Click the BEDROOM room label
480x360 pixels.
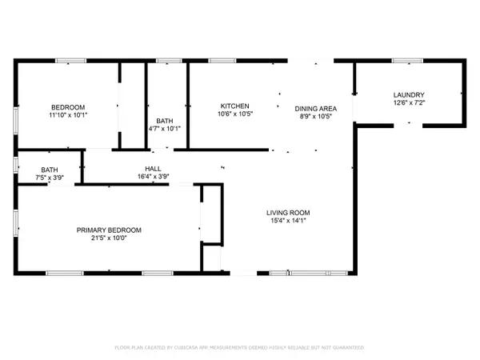68,107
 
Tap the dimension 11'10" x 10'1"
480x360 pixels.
68,115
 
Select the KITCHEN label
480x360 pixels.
235,106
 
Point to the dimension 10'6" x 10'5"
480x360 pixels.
235,114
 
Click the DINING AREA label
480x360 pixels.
315,108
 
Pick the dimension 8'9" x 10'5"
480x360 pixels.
315,116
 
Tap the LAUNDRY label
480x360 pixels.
408,94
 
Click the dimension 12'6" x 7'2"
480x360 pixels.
408,102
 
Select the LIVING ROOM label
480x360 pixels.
288,212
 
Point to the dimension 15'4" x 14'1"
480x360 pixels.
288,221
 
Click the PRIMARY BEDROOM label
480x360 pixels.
108,230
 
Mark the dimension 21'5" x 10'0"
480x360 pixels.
108,238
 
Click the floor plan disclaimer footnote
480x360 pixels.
240,348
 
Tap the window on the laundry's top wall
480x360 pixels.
406,61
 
